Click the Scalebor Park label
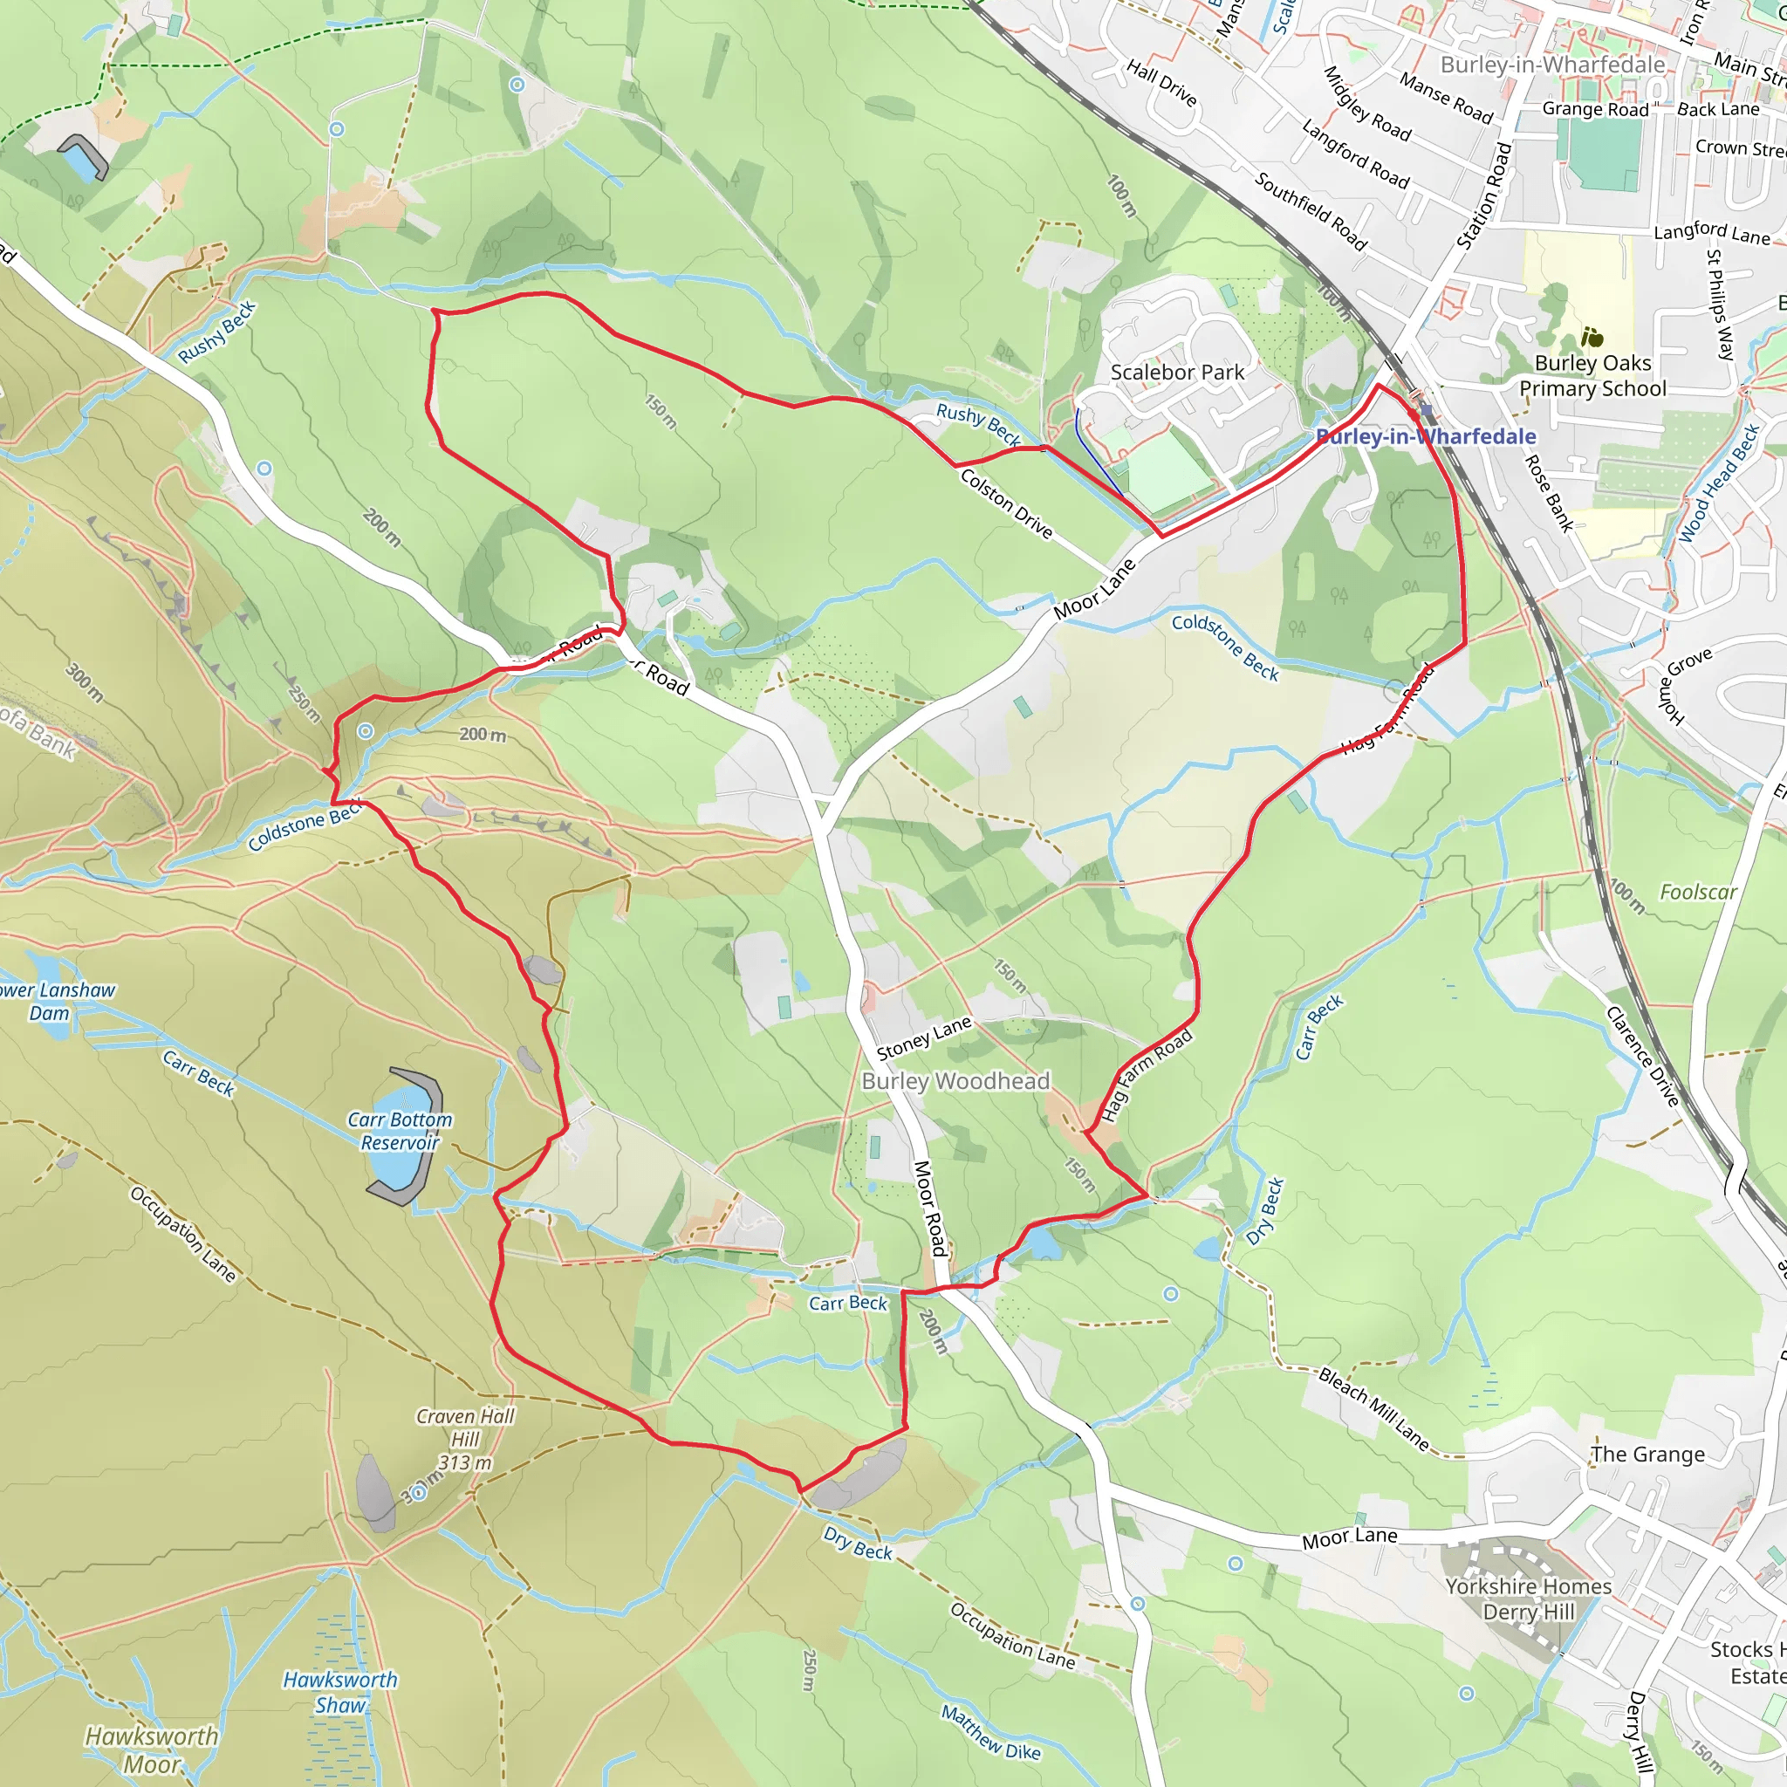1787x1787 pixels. (x=1176, y=372)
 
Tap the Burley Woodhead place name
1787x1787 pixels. (x=955, y=1081)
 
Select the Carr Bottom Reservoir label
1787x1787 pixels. (x=400, y=1131)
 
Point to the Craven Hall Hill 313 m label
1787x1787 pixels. (x=464, y=1439)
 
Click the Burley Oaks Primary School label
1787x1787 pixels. (x=1592, y=375)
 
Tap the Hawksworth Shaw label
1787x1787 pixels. (x=340, y=1692)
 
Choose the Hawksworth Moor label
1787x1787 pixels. (x=152, y=1750)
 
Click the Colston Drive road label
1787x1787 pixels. (x=1006, y=503)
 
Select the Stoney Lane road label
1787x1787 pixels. (x=923, y=1037)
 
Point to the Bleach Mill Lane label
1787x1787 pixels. (x=1373, y=1407)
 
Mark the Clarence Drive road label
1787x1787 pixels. (x=1643, y=1056)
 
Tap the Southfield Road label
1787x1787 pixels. (x=1310, y=211)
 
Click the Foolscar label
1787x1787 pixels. (x=1698, y=893)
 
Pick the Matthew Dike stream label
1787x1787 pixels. (x=990, y=1732)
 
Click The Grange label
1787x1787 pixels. (x=1647, y=1454)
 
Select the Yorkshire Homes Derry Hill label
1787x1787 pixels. (x=1528, y=1599)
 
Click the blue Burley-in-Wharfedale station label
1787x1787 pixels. (x=1426, y=436)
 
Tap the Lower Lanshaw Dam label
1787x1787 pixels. (x=53, y=1001)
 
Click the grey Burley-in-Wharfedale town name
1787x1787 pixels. (x=1552, y=65)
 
